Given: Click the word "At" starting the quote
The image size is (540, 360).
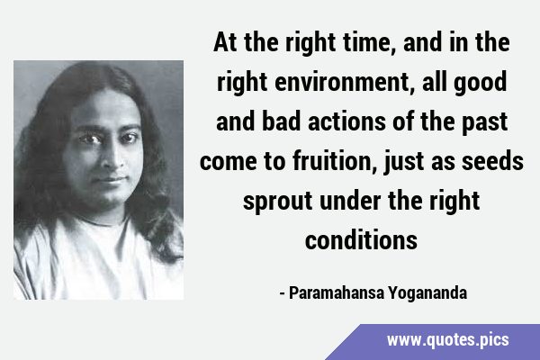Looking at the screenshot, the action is tap(225, 42).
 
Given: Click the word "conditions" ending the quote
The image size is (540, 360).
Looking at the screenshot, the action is tap(361, 240).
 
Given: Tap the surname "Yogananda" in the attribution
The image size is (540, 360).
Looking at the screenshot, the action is tap(427, 293).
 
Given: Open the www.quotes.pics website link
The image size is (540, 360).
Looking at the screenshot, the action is tap(447, 340).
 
